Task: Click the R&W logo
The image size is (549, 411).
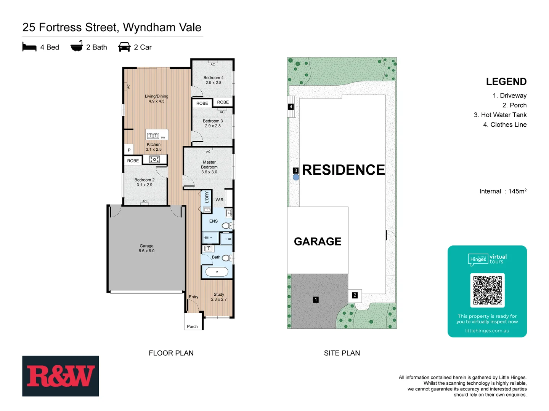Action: pos(60,376)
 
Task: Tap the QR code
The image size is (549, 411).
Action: pos(487,290)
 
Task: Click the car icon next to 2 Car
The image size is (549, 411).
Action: pos(124,47)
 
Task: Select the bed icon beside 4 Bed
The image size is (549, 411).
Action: pos(29,47)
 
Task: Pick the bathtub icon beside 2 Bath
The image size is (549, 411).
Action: pos(77,46)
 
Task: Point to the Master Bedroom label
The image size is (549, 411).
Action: pos(209,167)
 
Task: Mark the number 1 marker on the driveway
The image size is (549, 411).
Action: pos(316,300)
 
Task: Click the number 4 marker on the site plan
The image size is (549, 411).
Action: pos(291,107)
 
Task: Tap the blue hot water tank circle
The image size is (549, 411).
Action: pos(296,177)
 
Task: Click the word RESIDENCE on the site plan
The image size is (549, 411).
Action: pos(343,170)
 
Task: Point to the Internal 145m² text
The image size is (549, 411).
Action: pos(502,191)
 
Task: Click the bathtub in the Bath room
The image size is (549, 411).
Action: pos(217,272)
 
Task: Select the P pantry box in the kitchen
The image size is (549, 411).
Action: pos(129,150)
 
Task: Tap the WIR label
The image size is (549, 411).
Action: pos(220,200)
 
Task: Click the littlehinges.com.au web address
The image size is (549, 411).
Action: pos(487,331)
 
